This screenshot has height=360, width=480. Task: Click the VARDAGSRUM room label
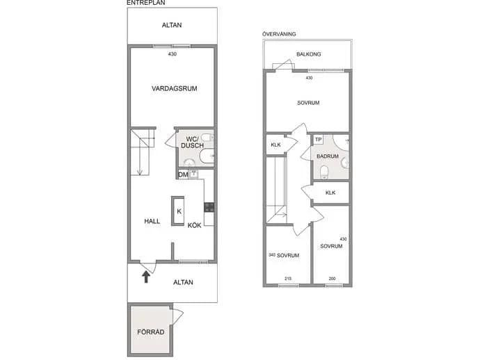(174, 89)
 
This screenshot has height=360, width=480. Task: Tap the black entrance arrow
(146, 277)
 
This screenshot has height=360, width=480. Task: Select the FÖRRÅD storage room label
(151, 332)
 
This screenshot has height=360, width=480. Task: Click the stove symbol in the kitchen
(209, 207)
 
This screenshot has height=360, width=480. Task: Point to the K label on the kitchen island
(179, 211)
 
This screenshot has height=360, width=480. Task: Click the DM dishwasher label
(183, 175)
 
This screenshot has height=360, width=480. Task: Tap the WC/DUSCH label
(192, 142)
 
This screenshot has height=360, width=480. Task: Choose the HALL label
(152, 221)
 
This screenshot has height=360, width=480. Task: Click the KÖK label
(194, 225)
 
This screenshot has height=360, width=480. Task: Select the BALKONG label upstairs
(309, 54)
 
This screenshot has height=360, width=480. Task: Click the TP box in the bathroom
(319, 140)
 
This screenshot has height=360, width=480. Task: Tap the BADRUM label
(328, 156)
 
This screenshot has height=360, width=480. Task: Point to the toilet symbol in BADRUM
(324, 172)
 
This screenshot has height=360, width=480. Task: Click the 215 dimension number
(288, 279)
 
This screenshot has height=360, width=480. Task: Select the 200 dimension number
(332, 279)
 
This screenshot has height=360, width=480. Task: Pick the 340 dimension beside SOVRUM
(272, 255)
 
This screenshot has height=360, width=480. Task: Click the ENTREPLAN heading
(146, 3)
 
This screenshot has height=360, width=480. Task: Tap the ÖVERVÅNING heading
(279, 34)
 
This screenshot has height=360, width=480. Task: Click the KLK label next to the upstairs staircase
(275, 145)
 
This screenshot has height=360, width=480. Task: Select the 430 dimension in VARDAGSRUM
(173, 54)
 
